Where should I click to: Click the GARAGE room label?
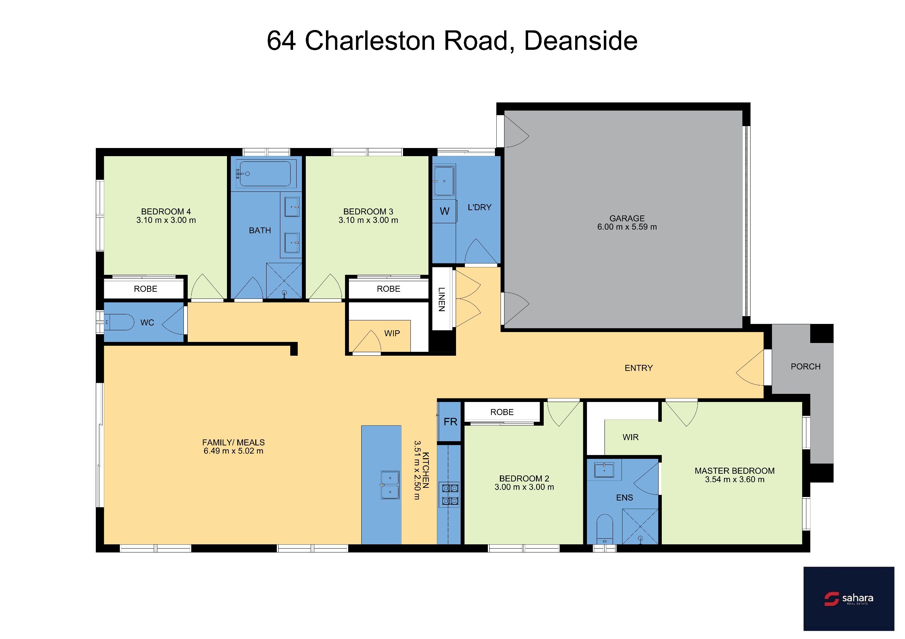(x=627, y=218)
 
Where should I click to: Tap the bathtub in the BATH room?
(x=266, y=174)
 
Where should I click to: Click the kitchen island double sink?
(x=390, y=485)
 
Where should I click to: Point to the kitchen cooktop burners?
(x=450, y=495)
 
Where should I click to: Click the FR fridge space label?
(x=450, y=422)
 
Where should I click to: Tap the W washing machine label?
(x=445, y=212)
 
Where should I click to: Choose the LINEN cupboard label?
(x=442, y=299)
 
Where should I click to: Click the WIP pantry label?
(x=392, y=333)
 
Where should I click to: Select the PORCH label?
(x=806, y=367)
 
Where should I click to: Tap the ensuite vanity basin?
(x=604, y=469)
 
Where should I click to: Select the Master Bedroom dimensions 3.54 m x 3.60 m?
(x=735, y=479)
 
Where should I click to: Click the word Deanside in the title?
(x=580, y=41)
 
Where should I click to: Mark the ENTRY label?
(x=638, y=368)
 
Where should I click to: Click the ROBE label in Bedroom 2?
(x=502, y=412)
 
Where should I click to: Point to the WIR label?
(x=630, y=437)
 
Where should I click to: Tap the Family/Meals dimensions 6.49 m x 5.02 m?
(x=233, y=451)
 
